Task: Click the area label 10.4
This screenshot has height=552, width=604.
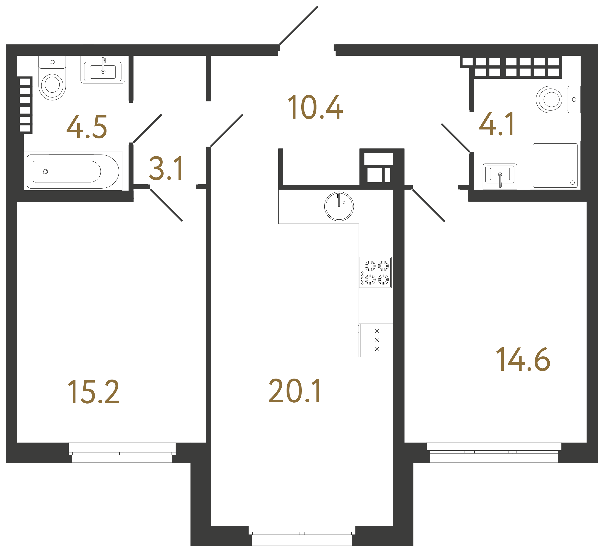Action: (x=315, y=107)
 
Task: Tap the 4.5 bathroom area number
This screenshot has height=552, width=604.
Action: (x=87, y=127)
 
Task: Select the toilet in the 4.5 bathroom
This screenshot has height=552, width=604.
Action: (x=52, y=78)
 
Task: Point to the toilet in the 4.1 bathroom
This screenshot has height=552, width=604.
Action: (x=558, y=99)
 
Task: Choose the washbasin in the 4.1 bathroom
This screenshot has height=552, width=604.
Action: (x=500, y=176)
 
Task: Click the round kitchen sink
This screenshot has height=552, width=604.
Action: (x=339, y=206)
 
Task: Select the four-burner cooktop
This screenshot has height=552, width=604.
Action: (x=375, y=272)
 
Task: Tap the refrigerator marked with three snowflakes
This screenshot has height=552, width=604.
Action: (x=376, y=340)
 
